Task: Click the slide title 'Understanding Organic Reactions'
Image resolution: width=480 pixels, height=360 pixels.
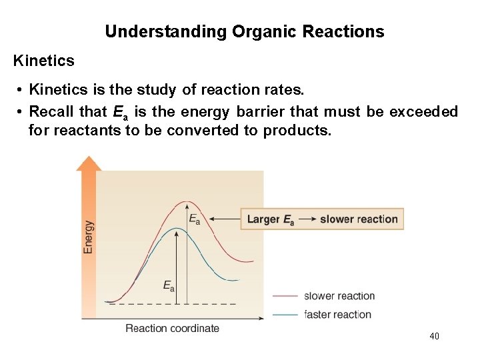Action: pyautogui.click(x=244, y=31)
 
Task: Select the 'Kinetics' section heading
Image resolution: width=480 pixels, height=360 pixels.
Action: pyautogui.click(x=44, y=61)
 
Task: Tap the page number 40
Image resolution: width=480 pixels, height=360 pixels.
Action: pyautogui.click(x=434, y=337)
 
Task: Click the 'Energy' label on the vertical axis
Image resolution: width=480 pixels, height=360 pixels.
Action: pyautogui.click(x=89, y=237)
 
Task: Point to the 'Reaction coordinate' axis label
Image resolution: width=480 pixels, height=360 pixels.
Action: pyautogui.click(x=172, y=328)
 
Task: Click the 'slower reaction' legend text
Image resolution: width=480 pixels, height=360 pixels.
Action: pyautogui.click(x=339, y=296)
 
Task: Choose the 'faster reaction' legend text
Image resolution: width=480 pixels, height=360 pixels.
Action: pyautogui.click(x=337, y=314)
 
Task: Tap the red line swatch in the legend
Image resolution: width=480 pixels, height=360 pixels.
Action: pyautogui.click(x=285, y=296)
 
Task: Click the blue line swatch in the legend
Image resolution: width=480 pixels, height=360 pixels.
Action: pyautogui.click(x=285, y=314)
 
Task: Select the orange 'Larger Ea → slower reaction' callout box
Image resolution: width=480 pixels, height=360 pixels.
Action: pyautogui.click(x=322, y=219)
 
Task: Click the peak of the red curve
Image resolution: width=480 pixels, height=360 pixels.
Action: pyautogui.click(x=187, y=202)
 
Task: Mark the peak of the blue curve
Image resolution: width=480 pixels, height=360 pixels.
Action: pyautogui.click(x=176, y=229)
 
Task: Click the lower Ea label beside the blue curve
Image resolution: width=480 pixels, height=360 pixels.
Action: pyautogui.click(x=169, y=286)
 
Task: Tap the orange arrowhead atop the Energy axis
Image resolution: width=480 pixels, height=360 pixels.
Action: pyautogui.click(x=89, y=163)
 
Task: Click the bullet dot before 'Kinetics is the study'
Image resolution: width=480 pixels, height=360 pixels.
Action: pyautogui.click(x=22, y=89)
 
